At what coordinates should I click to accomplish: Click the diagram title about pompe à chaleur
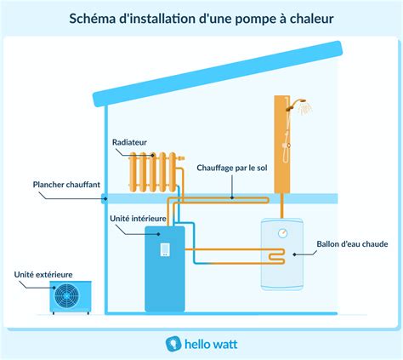click(x=201, y=17)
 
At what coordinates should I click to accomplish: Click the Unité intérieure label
click(x=138, y=218)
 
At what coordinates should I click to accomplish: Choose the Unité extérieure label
click(x=43, y=274)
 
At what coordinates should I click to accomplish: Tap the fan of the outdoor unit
click(x=65, y=295)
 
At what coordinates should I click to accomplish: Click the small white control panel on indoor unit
click(x=165, y=249)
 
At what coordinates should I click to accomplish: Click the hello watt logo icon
click(x=171, y=342)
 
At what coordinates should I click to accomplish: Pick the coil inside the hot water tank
click(x=272, y=254)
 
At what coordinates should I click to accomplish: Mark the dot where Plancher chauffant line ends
click(x=104, y=199)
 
